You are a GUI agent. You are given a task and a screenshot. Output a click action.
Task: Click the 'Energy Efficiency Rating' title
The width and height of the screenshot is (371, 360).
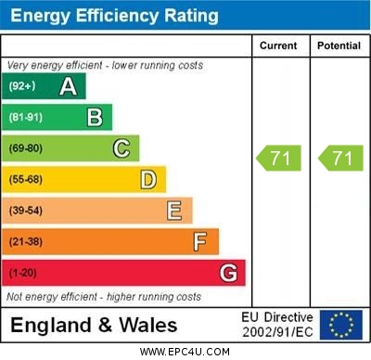tap(114, 16)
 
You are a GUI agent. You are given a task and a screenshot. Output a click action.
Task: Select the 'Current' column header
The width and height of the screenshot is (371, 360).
tap(278, 45)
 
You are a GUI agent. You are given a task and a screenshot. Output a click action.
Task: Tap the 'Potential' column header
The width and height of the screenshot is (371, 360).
tap(339, 45)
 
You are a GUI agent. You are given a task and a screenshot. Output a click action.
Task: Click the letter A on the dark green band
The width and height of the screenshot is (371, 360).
tap(68, 87)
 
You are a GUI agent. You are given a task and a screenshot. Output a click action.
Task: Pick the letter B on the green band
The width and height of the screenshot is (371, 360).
tap(95, 118)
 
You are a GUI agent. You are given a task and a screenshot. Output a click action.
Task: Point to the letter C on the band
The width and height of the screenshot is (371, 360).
tap(122, 148)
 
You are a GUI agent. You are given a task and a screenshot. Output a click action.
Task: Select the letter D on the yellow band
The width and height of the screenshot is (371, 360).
tap(148, 179)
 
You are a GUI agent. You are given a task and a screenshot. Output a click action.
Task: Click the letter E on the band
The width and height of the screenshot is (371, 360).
tap(174, 211)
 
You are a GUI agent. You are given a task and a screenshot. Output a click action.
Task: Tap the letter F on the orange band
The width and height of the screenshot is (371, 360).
tap(200, 241)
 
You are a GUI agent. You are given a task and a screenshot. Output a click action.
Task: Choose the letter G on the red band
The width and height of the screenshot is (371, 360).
tap(228, 273)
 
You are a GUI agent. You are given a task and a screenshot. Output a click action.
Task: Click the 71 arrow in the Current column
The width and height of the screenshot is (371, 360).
tap(280, 158)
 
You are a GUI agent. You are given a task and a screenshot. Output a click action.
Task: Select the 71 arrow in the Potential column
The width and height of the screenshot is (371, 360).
tap(340, 158)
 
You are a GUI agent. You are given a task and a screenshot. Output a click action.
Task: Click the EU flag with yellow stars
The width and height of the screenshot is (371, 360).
tap(340, 325)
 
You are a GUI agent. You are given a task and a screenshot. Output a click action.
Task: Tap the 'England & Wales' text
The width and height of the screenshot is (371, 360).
tap(94, 325)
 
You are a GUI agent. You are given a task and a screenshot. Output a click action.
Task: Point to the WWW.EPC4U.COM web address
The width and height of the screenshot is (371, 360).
tap(185, 352)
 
